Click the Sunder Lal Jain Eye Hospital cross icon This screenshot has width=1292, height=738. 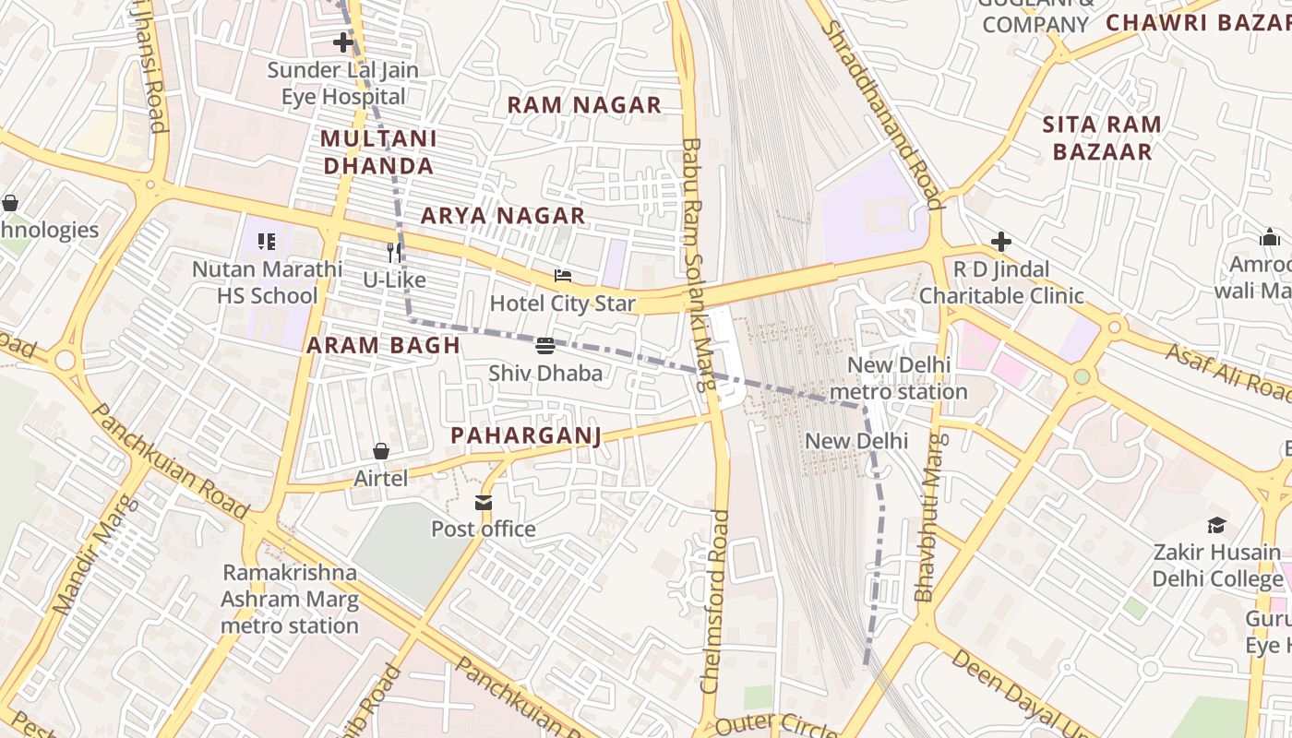tap(343, 42)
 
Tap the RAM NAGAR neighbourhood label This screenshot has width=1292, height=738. tap(584, 105)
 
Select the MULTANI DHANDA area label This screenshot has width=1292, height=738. tap(378, 152)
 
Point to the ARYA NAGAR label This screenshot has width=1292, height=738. tap(503, 216)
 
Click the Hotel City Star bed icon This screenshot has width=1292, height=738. tap(562, 276)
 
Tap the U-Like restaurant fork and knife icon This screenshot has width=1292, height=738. tap(395, 252)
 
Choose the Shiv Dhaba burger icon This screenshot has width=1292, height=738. tap(545, 346)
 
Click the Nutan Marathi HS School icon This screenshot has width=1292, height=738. tap(267, 243)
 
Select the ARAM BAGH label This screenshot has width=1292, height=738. tap(383, 346)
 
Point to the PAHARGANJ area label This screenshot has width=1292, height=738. tap(525, 435)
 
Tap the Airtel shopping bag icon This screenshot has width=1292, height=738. tap(381, 451)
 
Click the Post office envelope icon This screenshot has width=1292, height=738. tap(484, 503)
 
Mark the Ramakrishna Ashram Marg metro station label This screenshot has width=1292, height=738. tap(289, 599)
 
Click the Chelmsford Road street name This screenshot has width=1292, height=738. tap(714, 601)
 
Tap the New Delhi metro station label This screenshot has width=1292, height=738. tap(898, 378)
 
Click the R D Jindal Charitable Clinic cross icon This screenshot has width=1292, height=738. tap(1001, 242)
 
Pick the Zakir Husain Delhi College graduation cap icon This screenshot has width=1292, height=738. tap(1217, 525)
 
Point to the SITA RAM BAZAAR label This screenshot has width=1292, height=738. tap(1102, 138)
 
